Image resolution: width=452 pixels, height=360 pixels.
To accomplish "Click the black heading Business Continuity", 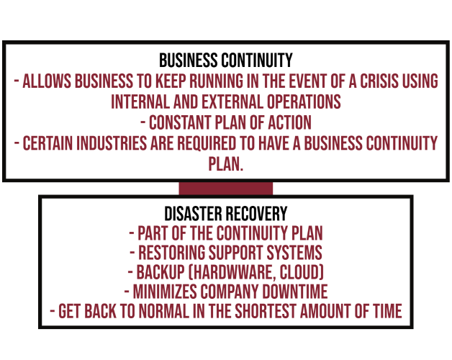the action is click(x=226, y=60).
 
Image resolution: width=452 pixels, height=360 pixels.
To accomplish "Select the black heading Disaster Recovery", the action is click(x=226, y=213).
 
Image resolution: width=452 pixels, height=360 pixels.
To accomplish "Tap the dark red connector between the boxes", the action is click(x=226, y=189).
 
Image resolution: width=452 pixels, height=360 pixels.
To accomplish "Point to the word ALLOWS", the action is click(x=47, y=81).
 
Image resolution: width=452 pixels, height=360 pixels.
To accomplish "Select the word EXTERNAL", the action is click(x=232, y=102).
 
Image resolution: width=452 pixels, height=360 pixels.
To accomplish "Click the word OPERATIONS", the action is click(x=304, y=102).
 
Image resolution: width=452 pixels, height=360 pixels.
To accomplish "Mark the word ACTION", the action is click(x=290, y=122).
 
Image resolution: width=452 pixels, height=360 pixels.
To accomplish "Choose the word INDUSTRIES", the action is click(x=112, y=143).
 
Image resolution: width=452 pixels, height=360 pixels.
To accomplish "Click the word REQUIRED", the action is click(x=207, y=143).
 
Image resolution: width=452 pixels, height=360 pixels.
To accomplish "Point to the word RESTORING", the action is click(x=171, y=253).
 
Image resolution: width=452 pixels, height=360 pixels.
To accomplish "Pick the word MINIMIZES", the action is click(x=165, y=292).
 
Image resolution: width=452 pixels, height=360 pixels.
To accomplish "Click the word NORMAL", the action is click(x=163, y=311).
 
